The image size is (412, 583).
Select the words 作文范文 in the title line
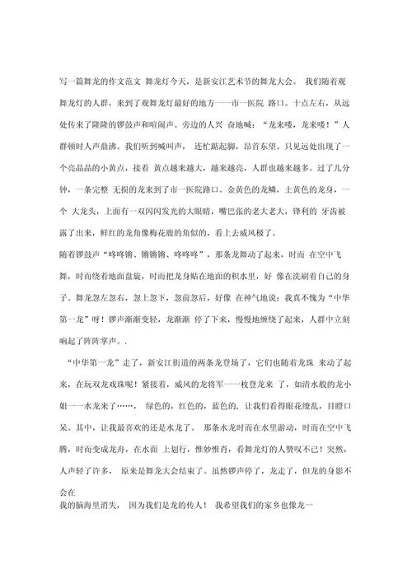(x=122, y=82)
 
